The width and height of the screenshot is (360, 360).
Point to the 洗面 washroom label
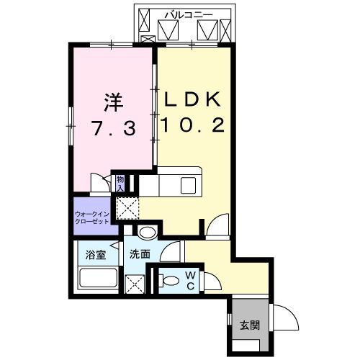click(140, 254)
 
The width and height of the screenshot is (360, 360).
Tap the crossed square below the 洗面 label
click(135, 283)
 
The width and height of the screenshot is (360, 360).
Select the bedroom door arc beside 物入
click(99, 184)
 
